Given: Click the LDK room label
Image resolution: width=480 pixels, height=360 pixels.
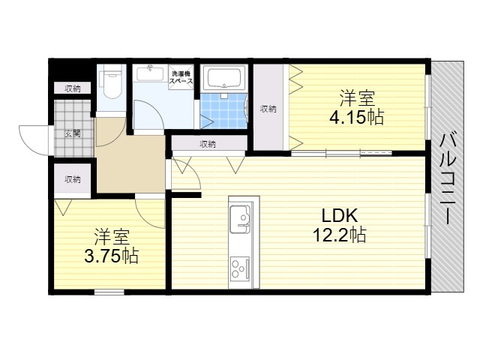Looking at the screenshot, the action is coord(339,216).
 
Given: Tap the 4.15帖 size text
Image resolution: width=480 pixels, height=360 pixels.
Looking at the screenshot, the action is coord(356,117).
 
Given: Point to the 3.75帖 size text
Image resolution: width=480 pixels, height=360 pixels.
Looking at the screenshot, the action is coord(112,256).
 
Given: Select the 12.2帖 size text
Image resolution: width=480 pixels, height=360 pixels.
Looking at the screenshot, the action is coord(339,235).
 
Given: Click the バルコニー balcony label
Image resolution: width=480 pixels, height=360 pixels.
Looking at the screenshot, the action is coord(448,177).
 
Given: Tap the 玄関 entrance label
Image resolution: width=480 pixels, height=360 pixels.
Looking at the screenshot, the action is coord(73,133).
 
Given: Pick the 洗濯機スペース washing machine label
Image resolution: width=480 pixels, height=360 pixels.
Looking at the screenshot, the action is coord(181,77).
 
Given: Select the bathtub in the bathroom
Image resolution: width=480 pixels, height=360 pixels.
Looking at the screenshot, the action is coord(223,77).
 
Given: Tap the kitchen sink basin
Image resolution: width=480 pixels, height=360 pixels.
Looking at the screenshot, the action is coord(240,219).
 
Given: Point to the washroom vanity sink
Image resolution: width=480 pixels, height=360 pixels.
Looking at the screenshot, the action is coord(150,73).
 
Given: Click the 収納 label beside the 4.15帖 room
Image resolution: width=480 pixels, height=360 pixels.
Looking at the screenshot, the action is coord(268,109).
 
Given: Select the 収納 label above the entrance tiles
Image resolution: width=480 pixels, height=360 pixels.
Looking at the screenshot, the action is coord(73,88).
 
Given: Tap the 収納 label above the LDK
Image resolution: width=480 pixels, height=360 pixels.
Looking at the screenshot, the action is coord(208,144).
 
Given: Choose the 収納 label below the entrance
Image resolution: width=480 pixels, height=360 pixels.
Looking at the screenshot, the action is coord(73,179).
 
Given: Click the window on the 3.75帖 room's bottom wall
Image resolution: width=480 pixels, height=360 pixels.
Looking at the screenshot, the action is coord(109,292).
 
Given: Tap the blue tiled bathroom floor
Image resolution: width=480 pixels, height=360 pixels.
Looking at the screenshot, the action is coord(223,111).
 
